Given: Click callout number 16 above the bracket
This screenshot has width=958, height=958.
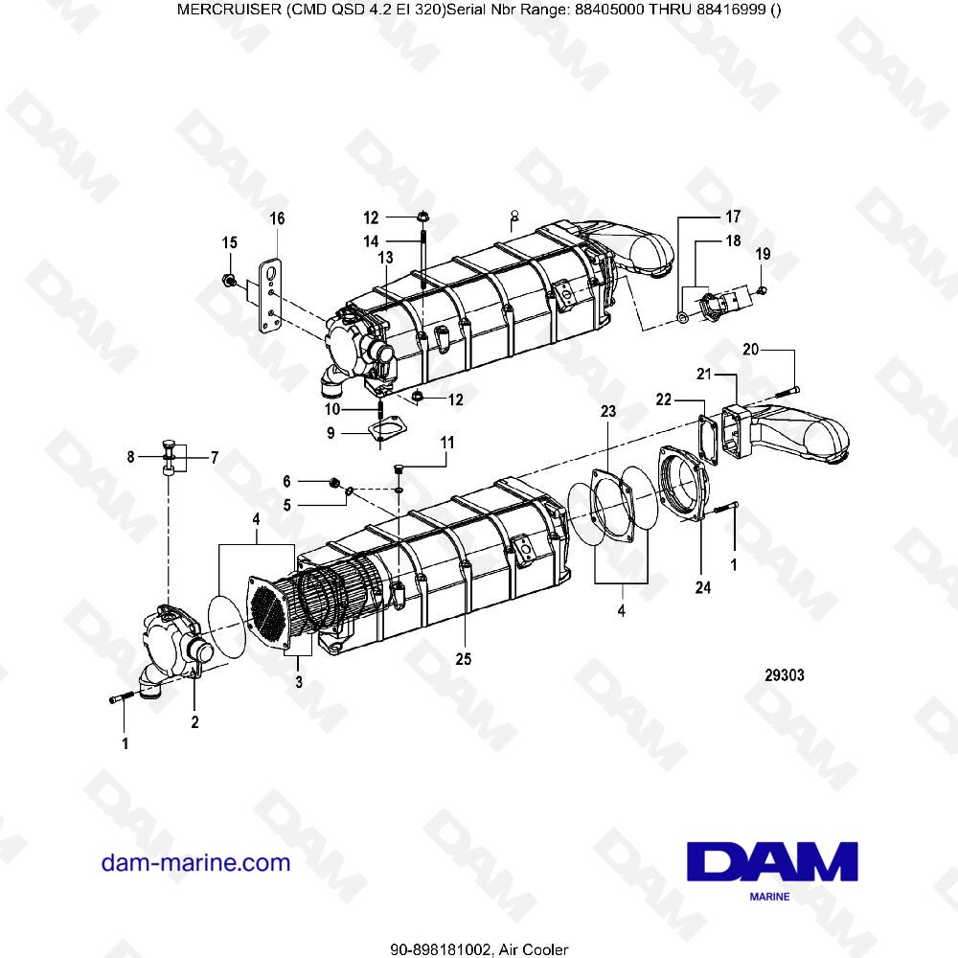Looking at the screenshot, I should pos(277,219).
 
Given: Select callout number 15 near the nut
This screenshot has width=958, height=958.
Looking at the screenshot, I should pos(230,243).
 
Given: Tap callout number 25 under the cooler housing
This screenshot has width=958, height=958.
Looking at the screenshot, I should pos(465,659).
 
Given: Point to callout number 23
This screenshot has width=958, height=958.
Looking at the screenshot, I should pos(607,411).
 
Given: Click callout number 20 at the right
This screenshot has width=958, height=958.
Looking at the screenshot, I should pos(750,350).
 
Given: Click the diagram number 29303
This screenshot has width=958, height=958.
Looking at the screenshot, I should pos(784,674).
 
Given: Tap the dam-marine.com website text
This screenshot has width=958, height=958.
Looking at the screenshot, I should pos(195,862).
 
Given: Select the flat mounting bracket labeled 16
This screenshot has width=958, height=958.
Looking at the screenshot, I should pos(274,293).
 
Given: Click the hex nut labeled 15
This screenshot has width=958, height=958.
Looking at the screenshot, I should pos(229,281).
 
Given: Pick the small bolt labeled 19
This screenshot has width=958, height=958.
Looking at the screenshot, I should pos(761,290).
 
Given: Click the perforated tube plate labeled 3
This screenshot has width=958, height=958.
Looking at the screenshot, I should pos(269,614).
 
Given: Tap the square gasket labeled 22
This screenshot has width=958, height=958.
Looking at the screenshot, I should pos(712,437).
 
